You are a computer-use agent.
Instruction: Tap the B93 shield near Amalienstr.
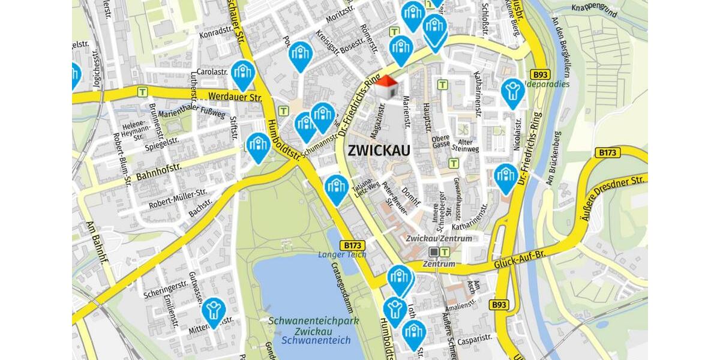coord(499,305)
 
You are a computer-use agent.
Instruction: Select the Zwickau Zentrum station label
coord(439,238)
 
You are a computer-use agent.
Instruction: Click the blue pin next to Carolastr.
coord(243,74)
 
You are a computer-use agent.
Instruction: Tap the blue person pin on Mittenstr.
coord(213,311)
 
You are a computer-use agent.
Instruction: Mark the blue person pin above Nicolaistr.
coord(512,92)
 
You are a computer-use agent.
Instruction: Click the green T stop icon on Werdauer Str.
coord(142,92)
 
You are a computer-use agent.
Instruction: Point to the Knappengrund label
coord(595,8)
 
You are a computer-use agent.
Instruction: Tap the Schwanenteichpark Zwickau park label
coord(314,326)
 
